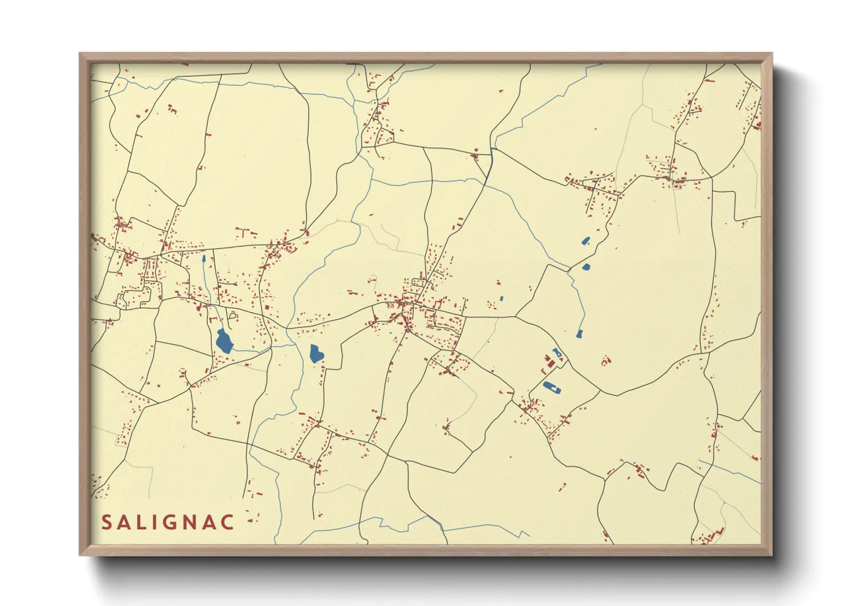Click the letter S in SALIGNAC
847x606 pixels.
pos(107,522)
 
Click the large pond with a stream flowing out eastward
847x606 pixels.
pos(224,341)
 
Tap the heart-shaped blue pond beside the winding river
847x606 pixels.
pos(316,353)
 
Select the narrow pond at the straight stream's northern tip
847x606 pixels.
pos(203,259)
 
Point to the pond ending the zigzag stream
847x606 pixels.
pos(579,333)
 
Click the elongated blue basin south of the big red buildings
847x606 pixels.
pos(551,388)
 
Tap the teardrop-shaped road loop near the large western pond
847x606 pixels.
pos(232,315)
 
